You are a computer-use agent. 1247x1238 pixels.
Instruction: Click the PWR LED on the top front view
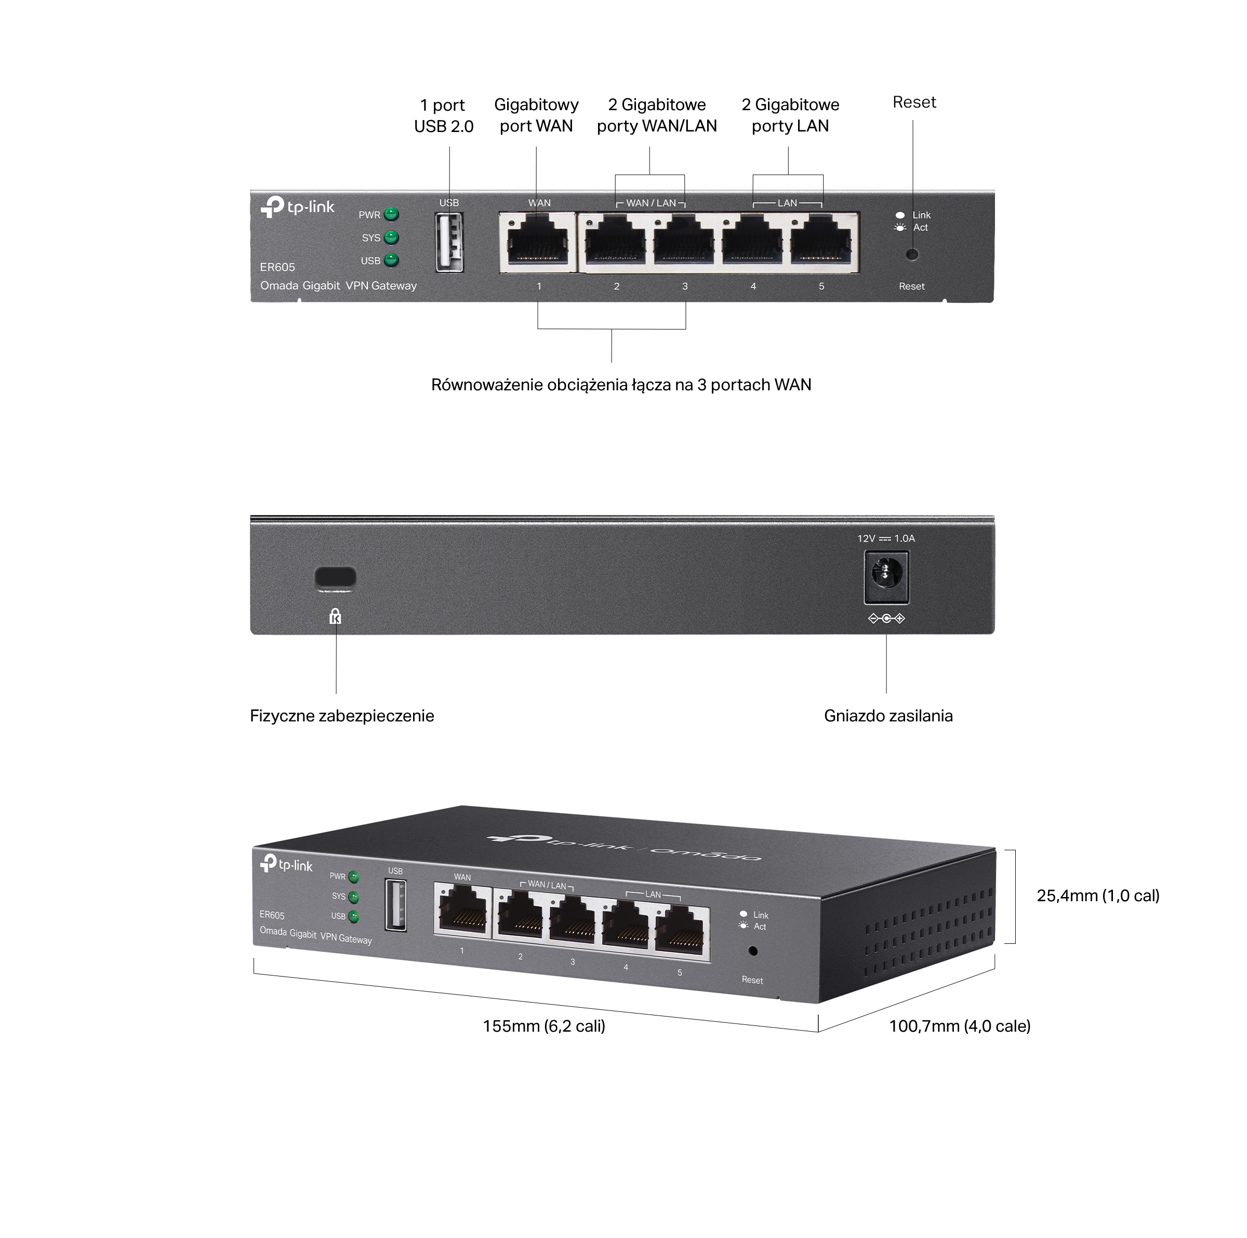(x=391, y=214)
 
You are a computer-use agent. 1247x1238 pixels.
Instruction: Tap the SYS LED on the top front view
(x=391, y=238)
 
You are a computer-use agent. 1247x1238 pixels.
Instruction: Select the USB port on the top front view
(x=449, y=243)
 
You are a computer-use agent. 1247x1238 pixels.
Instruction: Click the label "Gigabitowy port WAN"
(x=536, y=115)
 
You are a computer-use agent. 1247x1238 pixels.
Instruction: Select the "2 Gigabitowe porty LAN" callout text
(x=790, y=115)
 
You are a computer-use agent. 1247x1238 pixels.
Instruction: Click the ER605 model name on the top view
(x=277, y=267)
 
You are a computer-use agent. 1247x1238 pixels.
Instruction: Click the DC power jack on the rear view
(x=886, y=576)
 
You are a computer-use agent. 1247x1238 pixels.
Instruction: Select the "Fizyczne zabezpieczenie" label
(x=341, y=716)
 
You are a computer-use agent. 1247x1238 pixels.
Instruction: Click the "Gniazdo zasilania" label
(x=888, y=716)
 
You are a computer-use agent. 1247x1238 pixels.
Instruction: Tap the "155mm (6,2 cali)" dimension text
(x=543, y=1026)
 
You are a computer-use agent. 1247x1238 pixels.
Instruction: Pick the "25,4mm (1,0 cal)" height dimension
(x=1098, y=896)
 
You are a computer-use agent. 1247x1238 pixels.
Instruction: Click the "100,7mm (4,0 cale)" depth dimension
(x=959, y=1026)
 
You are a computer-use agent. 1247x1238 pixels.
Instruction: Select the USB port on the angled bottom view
(x=395, y=905)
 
